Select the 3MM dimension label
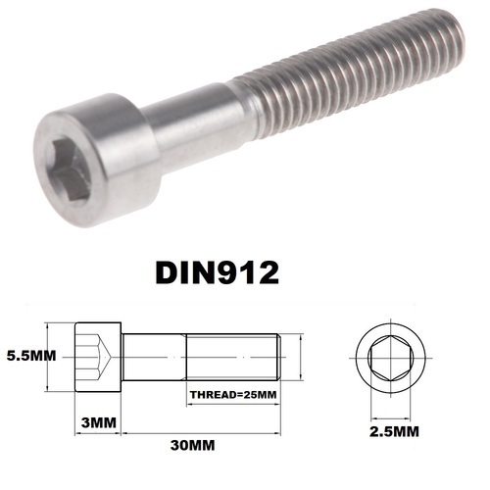pyautogui.click(x=96, y=424)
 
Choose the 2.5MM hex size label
pyautogui.click(x=395, y=429)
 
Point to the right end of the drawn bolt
pyautogui.click(x=283, y=357)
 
